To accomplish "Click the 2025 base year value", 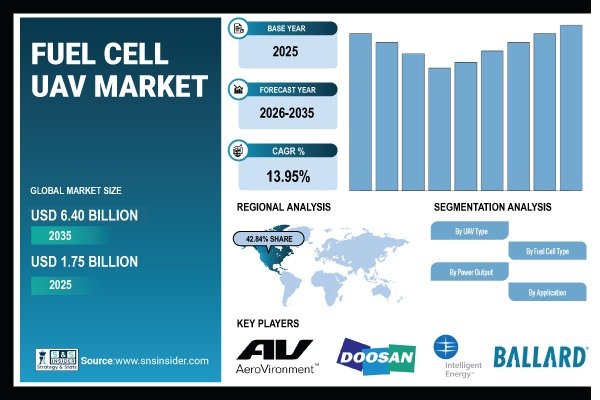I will coord(288,49).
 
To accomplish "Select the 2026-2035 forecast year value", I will coord(288,113).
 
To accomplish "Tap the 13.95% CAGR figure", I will coord(288,176).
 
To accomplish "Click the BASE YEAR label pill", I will coord(290,27).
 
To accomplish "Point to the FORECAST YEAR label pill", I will coord(290,89).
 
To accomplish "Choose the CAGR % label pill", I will coord(290,151).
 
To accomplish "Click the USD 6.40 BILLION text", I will coord(84,215).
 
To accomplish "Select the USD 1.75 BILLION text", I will coord(84,261).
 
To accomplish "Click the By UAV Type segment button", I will coord(470,231).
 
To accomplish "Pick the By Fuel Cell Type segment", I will coord(545,251).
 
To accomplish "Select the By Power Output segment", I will coord(470,272).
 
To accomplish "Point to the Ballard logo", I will coord(540,356).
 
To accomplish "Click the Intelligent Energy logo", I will coord(447,358).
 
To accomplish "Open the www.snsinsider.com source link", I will coord(160,361).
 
